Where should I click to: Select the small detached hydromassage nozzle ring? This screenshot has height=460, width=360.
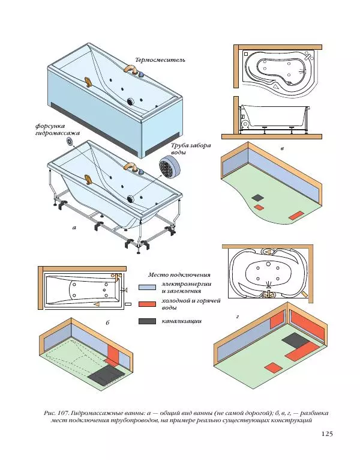(72, 142)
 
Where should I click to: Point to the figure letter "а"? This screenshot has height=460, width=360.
(74, 228)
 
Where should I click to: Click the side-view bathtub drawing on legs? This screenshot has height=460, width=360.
(274, 117)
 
